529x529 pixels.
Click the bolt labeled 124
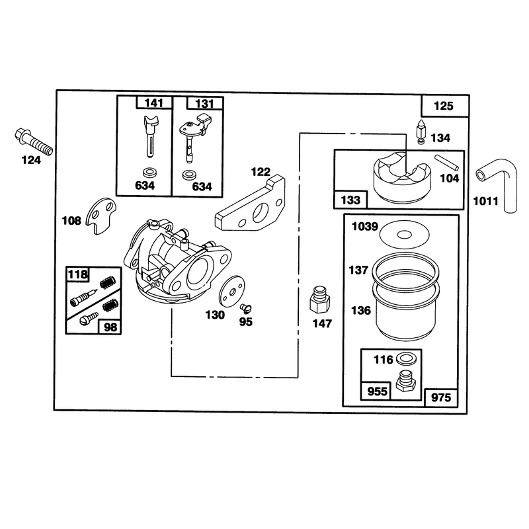pos(34,142)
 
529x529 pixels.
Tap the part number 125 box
pos(444,106)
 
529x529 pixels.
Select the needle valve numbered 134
pos(421,132)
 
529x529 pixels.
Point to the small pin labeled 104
pos(446,162)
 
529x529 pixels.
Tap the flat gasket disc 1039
pos(405,234)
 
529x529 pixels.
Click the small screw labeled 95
pos(246,308)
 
